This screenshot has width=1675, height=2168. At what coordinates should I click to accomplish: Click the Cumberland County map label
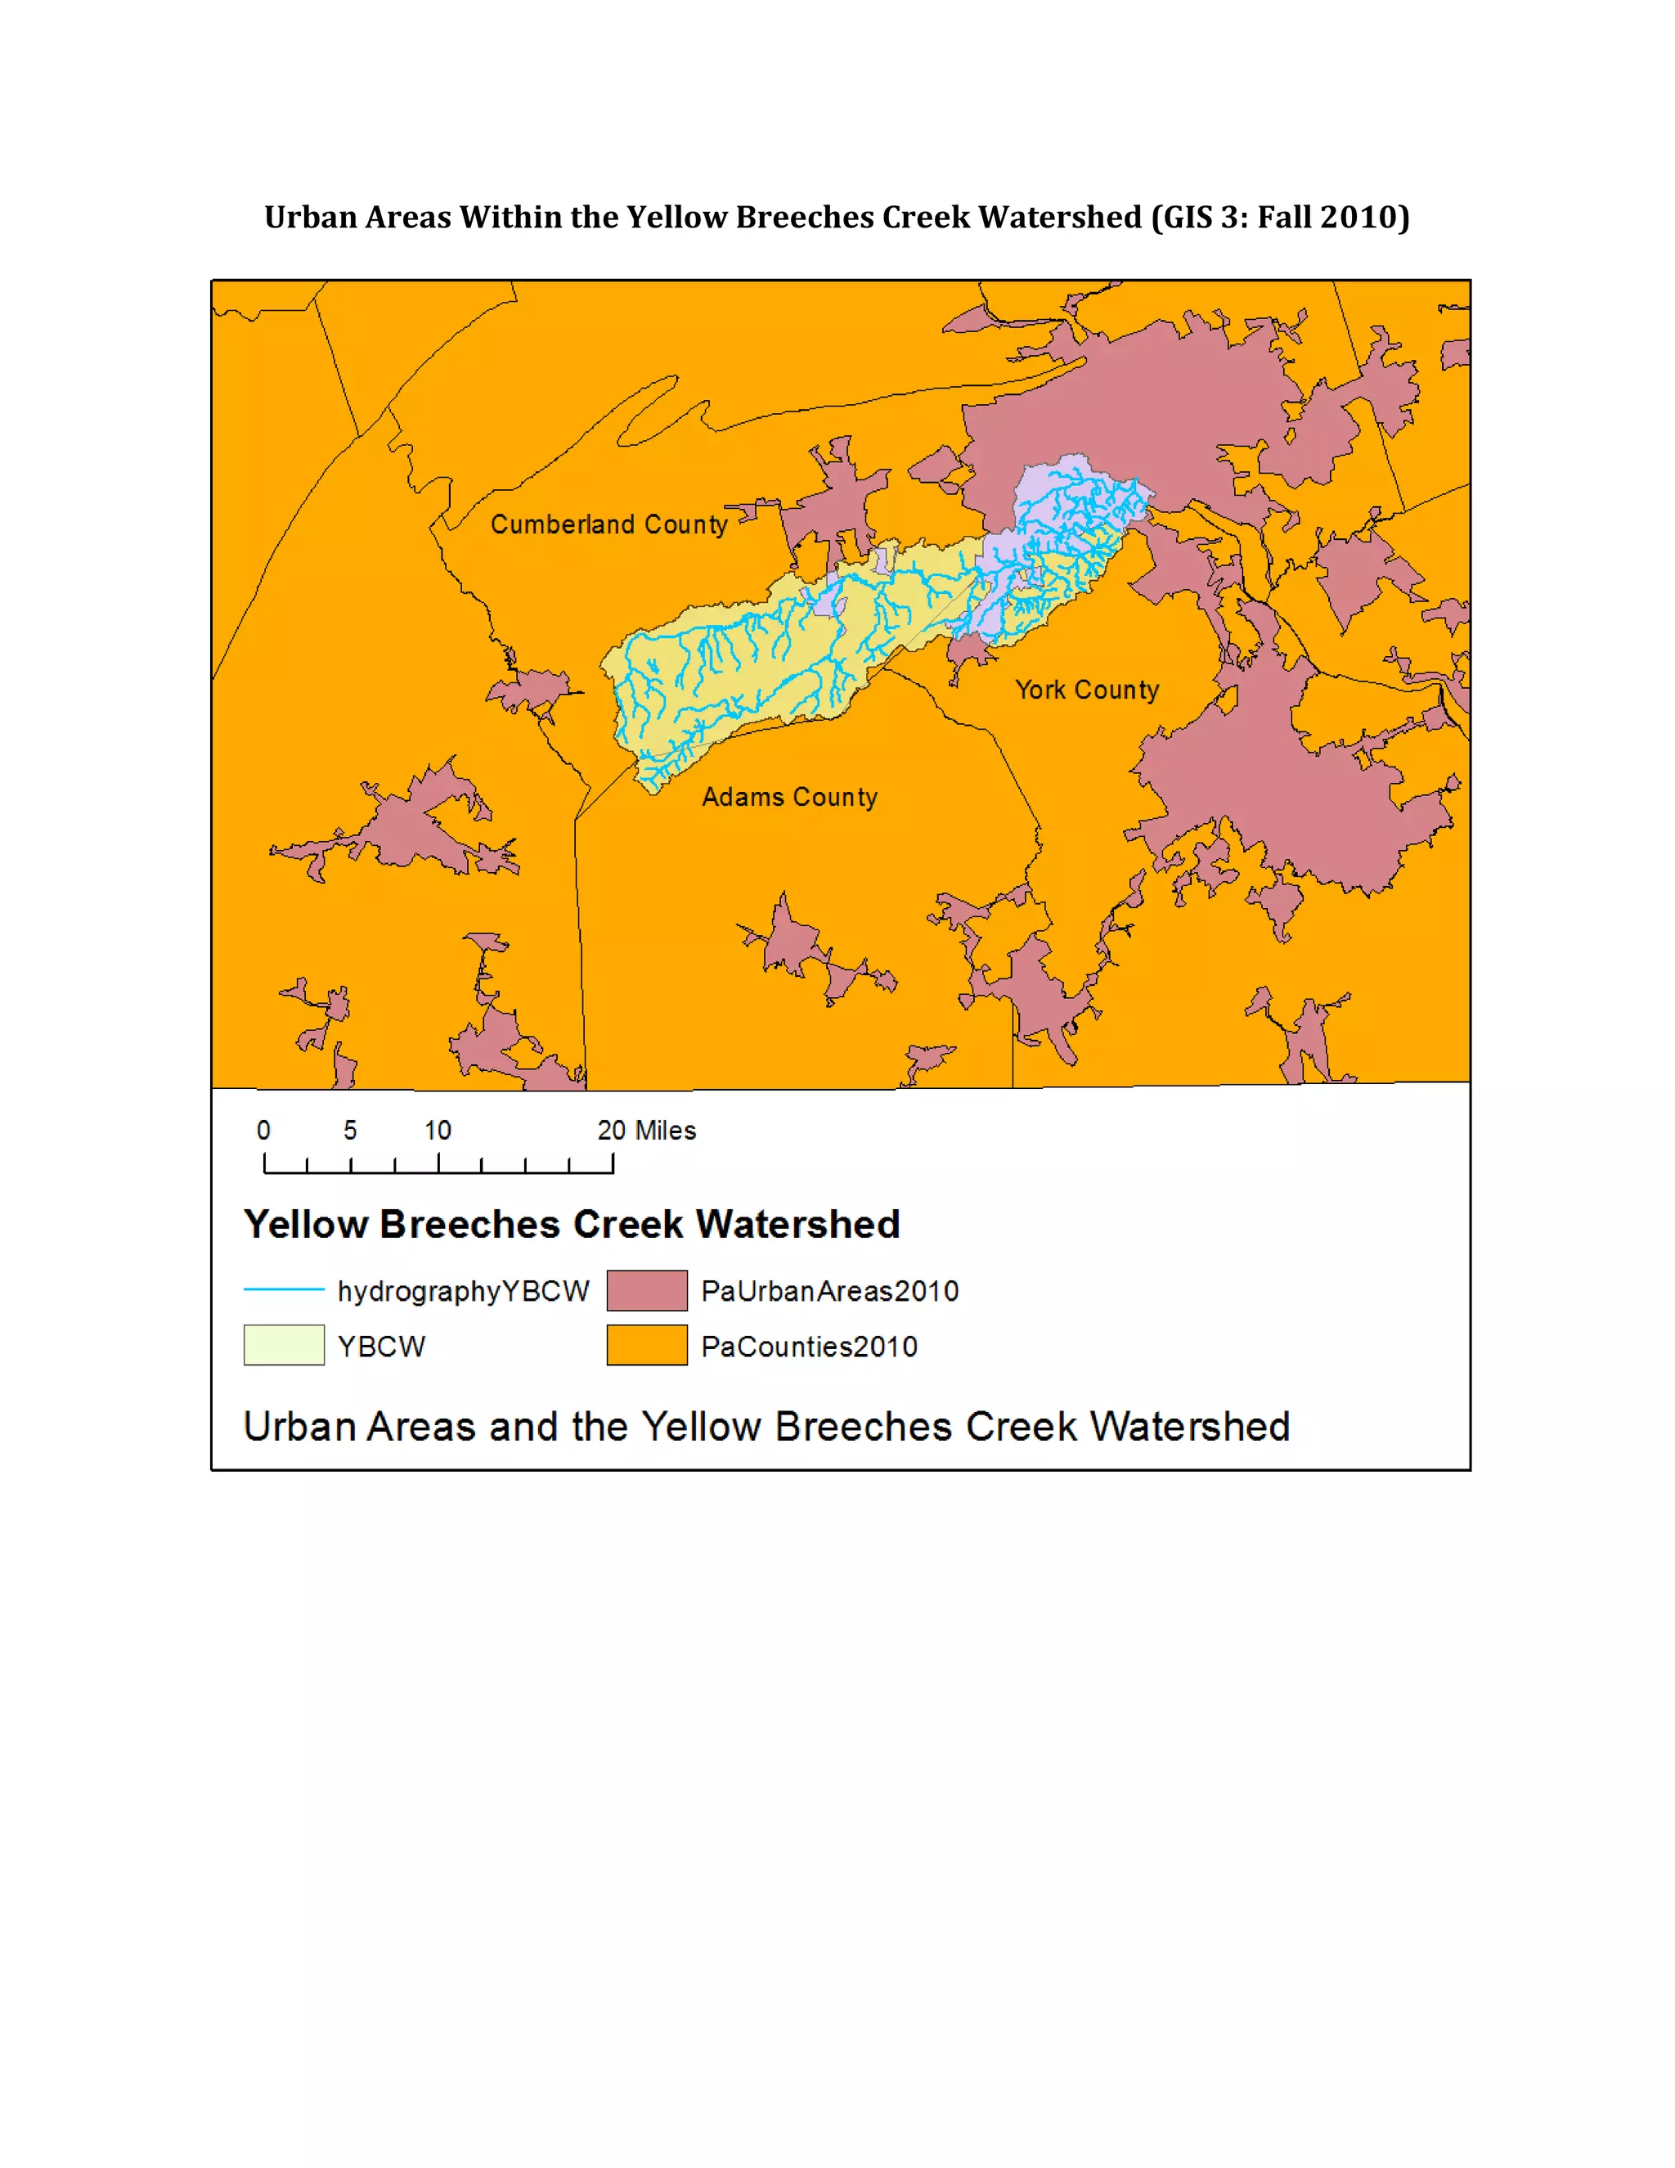click(x=609, y=524)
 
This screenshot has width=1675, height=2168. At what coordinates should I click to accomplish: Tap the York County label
click(x=1087, y=689)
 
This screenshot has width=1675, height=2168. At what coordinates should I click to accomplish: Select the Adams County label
click(x=789, y=796)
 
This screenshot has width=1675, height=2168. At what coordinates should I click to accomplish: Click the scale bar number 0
click(x=263, y=1130)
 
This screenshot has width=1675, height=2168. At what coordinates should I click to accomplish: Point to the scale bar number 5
click(x=350, y=1130)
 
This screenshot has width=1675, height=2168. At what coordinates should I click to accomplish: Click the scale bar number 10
click(x=438, y=1130)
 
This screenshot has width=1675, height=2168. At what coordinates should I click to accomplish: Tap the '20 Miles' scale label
click(x=646, y=1130)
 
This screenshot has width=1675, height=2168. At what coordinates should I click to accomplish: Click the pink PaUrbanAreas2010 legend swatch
click(x=647, y=1290)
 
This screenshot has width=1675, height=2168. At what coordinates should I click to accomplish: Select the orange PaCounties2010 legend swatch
click(x=647, y=1345)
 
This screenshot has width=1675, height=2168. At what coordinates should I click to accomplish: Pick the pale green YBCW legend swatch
click(x=284, y=1345)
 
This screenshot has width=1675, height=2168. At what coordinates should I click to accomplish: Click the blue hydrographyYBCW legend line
click(x=284, y=1289)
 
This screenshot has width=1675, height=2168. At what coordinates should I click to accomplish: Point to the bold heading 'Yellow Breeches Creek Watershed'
click(x=572, y=1224)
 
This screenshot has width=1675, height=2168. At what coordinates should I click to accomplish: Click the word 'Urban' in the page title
click(x=310, y=217)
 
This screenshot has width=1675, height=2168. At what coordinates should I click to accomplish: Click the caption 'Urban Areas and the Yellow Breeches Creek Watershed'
click(x=766, y=1427)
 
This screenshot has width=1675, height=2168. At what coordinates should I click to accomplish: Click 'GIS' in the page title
click(x=1187, y=217)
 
